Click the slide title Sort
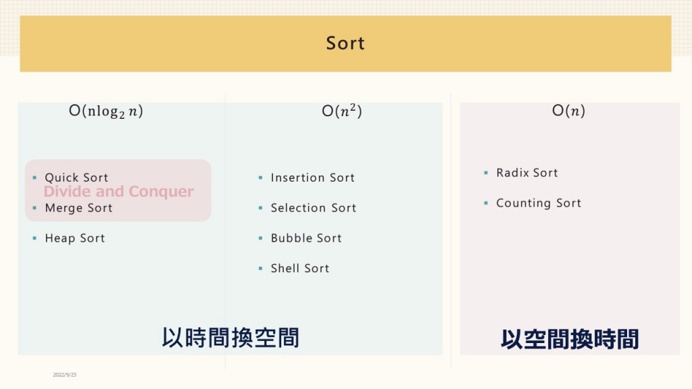[x=345, y=43]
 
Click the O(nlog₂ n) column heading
[x=106, y=111]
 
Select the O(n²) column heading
[x=341, y=111]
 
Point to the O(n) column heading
[x=568, y=110]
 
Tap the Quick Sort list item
[x=76, y=178]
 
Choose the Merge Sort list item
[x=78, y=208]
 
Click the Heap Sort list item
[x=75, y=238]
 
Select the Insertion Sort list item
[x=312, y=178]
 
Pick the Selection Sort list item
[x=314, y=208]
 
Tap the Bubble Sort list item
[x=306, y=238]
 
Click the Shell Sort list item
[x=299, y=268]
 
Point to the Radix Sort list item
[x=527, y=172]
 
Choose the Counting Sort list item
[x=539, y=203]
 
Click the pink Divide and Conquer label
[x=119, y=191]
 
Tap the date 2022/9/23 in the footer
[x=64, y=375]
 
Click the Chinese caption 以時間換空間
[x=230, y=338]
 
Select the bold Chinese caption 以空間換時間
[x=570, y=339]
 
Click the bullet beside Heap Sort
[x=34, y=238]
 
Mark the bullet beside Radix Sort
[x=486, y=172]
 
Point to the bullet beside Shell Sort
[x=260, y=268]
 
